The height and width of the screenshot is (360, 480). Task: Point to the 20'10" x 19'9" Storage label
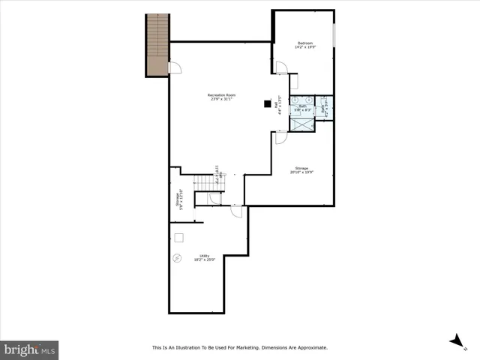[301, 170]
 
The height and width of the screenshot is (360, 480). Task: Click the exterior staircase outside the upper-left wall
[157, 45]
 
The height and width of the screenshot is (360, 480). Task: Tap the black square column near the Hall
[266, 105]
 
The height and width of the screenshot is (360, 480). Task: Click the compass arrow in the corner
[456, 341]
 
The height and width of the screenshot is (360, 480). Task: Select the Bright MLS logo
[29, 349]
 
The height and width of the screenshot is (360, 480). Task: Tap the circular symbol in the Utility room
[178, 257]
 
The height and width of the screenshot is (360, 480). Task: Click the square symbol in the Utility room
[179, 238]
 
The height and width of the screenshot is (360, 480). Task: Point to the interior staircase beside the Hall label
[205, 183]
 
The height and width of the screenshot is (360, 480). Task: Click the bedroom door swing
[281, 68]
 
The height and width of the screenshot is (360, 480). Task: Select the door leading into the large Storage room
[280, 137]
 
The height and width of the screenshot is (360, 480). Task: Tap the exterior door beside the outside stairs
[175, 68]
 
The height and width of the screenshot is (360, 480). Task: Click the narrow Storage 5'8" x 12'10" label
[178, 199]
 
